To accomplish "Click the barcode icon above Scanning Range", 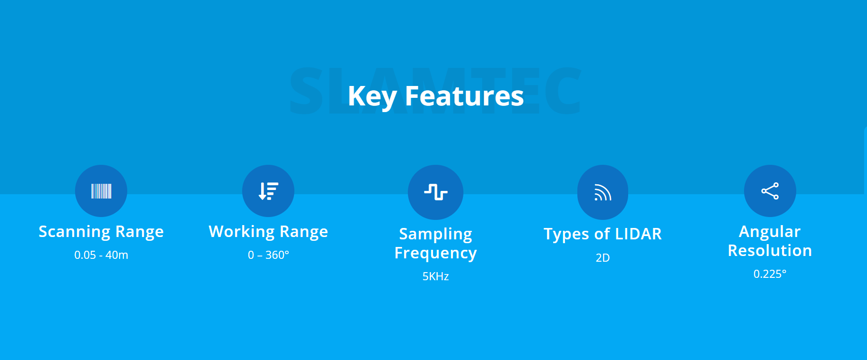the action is pyautogui.click(x=101, y=191).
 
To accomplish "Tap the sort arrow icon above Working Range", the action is pyautogui.click(x=268, y=191).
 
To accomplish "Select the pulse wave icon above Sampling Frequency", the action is pyautogui.click(x=435, y=192).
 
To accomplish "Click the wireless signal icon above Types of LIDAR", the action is pyautogui.click(x=603, y=192).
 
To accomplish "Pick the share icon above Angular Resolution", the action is pyautogui.click(x=770, y=191).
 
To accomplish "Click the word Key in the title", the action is pyautogui.click(x=372, y=97).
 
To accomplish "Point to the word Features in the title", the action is pyautogui.click(x=464, y=96).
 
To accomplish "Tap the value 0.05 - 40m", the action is pyautogui.click(x=101, y=255).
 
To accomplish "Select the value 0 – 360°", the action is pyautogui.click(x=268, y=255).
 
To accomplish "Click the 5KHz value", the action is pyautogui.click(x=435, y=276).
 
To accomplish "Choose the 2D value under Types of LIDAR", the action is pyautogui.click(x=603, y=258).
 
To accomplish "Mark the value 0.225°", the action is pyautogui.click(x=770, y=274).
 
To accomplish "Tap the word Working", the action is pyautogui.click(x=242, y=232).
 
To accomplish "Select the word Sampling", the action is pyautogui.click(x=435, y=235).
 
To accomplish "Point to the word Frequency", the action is pyautogui.click(x=435, y=254).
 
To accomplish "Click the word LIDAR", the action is pyautogui.click(x=638, y=234).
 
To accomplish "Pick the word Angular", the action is pyautogui.click(x=770, y=232).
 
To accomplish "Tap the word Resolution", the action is pyautogui.click(x=770, y=251).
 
